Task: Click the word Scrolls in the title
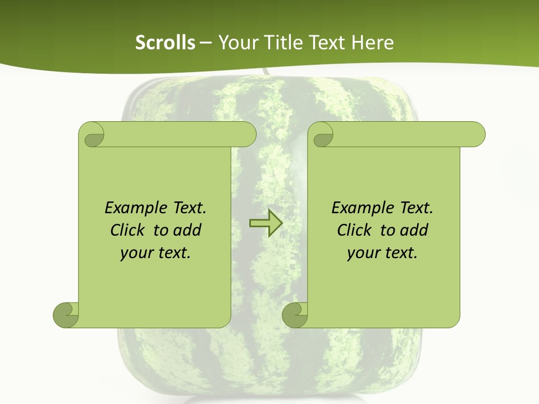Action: click(165, 43)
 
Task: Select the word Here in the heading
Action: click(372, 43)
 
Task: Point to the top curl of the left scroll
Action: click(93, 135)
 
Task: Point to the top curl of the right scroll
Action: click(322, 135)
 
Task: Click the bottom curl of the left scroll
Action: click(66, 315)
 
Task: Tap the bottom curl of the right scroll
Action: click(295, 315)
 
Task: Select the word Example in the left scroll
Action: click(135, 208)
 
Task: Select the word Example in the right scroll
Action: click(362, 208)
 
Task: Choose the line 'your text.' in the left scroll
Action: click(156, 253)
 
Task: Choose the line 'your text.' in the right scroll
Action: click(382, 253)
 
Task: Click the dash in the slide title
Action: click(206, 43)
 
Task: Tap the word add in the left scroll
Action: click(187, 231)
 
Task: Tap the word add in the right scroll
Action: click(414, 231)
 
